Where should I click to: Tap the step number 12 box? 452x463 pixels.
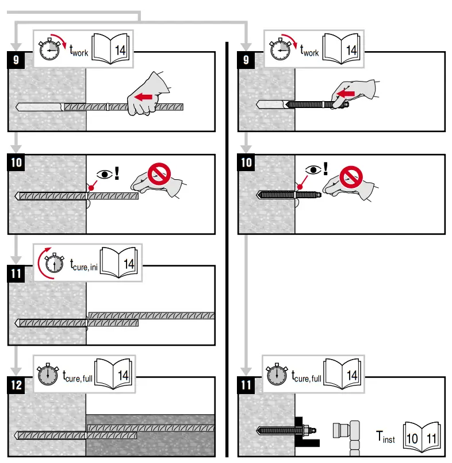pyautogui.click(x=16, y=384)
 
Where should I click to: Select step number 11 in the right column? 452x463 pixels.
pyautogui.click(x=246, y=384)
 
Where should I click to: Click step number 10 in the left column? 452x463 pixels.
pyautogui.click(x=16, y=163)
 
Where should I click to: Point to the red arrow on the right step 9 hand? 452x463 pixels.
pyautogui.click(x=346, y=92)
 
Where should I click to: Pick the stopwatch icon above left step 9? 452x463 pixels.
pyautogui.click(x=50, y=49)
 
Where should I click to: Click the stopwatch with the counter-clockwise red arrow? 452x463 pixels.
pyautogui.click(x=51, y=263)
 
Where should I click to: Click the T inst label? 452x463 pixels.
pyautogui.click(x=385, y=437)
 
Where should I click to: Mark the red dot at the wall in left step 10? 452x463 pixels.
pyautogui.click(x=91, y=187)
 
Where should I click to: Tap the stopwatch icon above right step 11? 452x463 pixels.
pyautogui.click(x=278, y=374)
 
